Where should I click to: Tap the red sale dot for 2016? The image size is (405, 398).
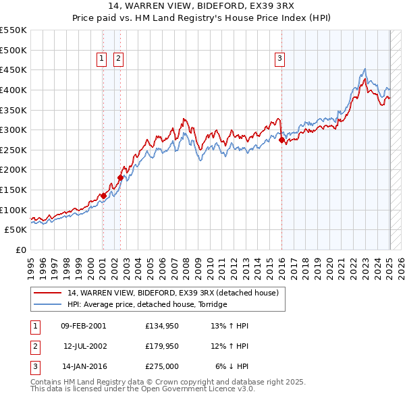(281, 140)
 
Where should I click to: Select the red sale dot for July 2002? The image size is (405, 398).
(120, 178)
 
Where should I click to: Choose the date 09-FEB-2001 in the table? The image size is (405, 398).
(83, 326)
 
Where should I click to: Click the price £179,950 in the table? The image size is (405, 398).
(161, 347)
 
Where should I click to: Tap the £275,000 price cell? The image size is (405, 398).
(161, 368)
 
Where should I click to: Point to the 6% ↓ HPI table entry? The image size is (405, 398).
(232, 368)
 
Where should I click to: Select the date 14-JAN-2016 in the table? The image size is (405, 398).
(84, 368)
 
